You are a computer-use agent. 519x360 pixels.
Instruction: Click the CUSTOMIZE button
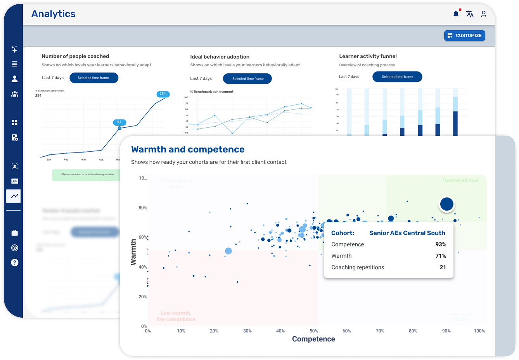464,36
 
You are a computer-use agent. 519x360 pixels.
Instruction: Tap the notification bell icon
456,14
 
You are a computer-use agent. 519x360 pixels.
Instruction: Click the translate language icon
470,14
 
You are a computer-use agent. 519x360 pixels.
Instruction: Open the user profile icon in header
484,14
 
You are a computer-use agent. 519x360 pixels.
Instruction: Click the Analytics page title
54,14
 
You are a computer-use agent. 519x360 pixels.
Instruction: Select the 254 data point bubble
163,94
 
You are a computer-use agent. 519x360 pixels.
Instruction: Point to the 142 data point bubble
119,122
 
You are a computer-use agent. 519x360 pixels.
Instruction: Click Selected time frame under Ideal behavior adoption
247,79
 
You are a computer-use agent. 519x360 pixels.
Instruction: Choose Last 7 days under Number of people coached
53,78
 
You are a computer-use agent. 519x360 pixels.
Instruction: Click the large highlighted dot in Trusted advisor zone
447,204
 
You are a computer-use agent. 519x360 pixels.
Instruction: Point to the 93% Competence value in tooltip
441,244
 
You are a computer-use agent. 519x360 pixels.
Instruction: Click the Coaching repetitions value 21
443,267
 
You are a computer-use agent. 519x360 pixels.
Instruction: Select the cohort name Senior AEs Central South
407,233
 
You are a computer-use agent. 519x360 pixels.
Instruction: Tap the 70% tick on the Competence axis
380,331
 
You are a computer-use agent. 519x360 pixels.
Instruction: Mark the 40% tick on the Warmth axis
143,267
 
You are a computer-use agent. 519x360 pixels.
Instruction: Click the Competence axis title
313,339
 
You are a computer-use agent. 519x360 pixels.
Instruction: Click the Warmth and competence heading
188,149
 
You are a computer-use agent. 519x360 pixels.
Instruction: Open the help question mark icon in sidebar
15,263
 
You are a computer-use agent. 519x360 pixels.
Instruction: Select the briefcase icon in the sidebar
15,233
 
